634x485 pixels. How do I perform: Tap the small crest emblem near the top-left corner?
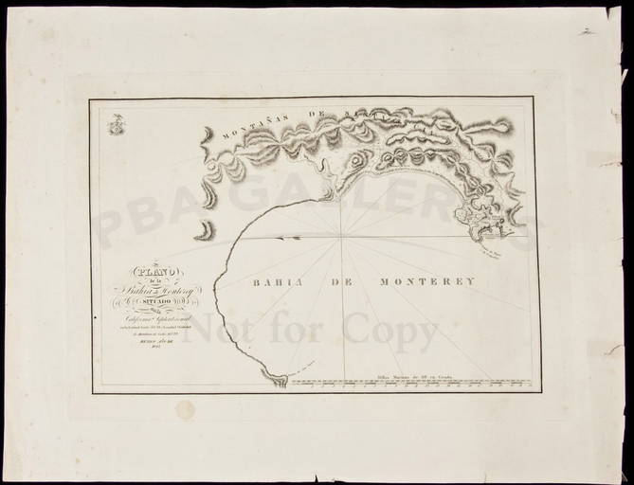tap(115, 124)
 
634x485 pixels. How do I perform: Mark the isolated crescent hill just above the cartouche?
tap(203, 230)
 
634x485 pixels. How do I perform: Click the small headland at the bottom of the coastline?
tap(276, 380)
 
